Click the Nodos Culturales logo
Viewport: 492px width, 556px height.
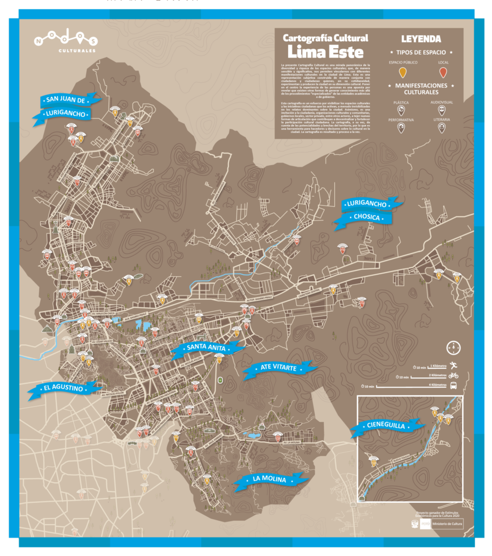[65, 42]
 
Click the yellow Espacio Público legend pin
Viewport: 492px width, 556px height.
[402, 73]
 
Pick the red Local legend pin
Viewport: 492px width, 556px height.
[443, 73]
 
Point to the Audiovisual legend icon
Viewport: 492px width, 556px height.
[442, 110]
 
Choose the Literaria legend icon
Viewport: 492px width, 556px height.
[442, 128]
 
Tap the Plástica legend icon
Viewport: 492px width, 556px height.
[401, 110]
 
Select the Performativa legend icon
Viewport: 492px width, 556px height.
[401, 128]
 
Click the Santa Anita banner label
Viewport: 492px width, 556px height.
[207, 348]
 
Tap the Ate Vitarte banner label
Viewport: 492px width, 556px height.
[278, 369]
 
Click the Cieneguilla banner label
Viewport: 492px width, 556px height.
[386, 426]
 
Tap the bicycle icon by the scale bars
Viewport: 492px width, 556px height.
[453, 375]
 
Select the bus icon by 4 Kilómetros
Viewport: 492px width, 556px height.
[453, 386]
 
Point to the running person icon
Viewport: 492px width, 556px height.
[452, 365]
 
